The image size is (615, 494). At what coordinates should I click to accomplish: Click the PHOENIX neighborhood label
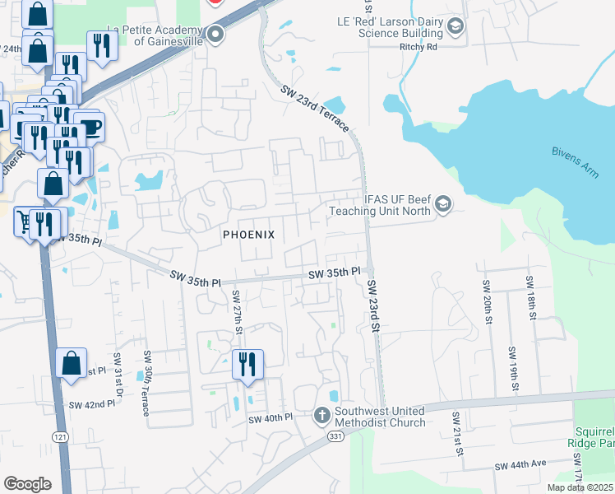[x=249, y=235]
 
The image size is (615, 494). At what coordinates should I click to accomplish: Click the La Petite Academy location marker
[x=216, y=35]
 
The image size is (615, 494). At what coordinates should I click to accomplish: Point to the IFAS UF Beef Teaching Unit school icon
[x=443, y=203]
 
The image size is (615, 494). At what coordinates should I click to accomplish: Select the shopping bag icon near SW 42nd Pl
[x=72, y=362]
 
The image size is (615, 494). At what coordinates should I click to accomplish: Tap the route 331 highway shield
[x=335, y=436]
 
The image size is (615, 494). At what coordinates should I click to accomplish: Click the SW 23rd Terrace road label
[x=315, y=109]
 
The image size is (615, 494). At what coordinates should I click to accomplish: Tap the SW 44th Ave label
[x=520, y=465]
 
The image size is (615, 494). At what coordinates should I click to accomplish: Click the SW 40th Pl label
[x=271, y=418]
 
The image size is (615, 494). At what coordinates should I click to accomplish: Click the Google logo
[x=27, y=483]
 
